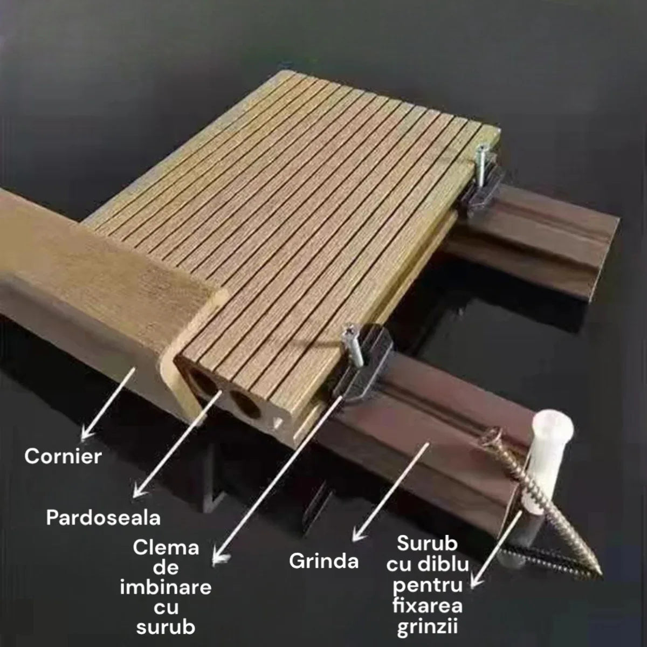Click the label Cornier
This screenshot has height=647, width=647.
tap(63, 456)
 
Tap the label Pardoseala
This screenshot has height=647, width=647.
tap(104, 518)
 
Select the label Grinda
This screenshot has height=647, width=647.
tap(323, 561)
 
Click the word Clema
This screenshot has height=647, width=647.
tap(166, 548)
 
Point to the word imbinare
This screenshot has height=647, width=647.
tap(166, 587)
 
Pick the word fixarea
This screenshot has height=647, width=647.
tap(428, 606)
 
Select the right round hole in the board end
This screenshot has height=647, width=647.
tap(243, 404)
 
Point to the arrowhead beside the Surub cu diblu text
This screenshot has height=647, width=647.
tap(475, 582)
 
